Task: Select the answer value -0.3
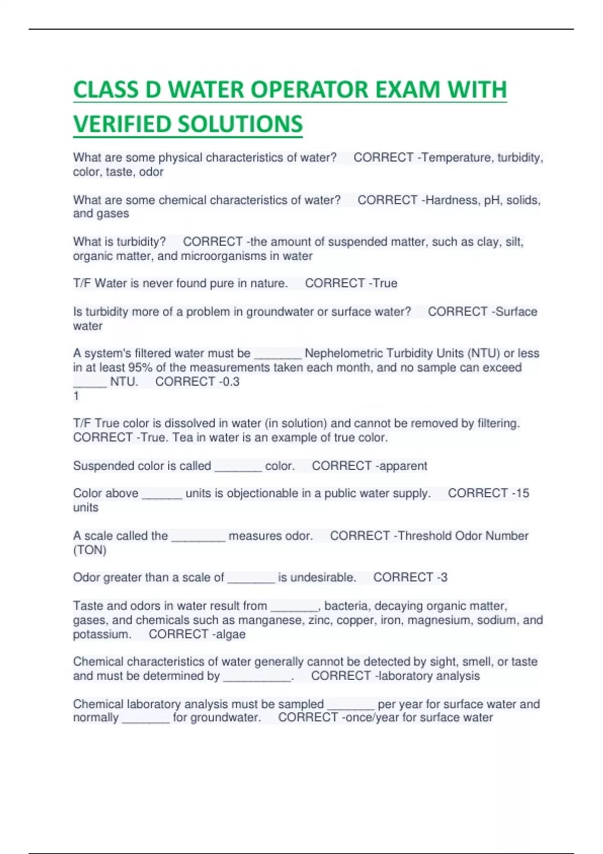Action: [229, 382]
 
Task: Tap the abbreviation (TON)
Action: [90, 550]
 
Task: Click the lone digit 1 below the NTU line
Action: [76, 396]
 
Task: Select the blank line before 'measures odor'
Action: [198, 538]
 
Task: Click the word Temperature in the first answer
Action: [456, 158]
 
